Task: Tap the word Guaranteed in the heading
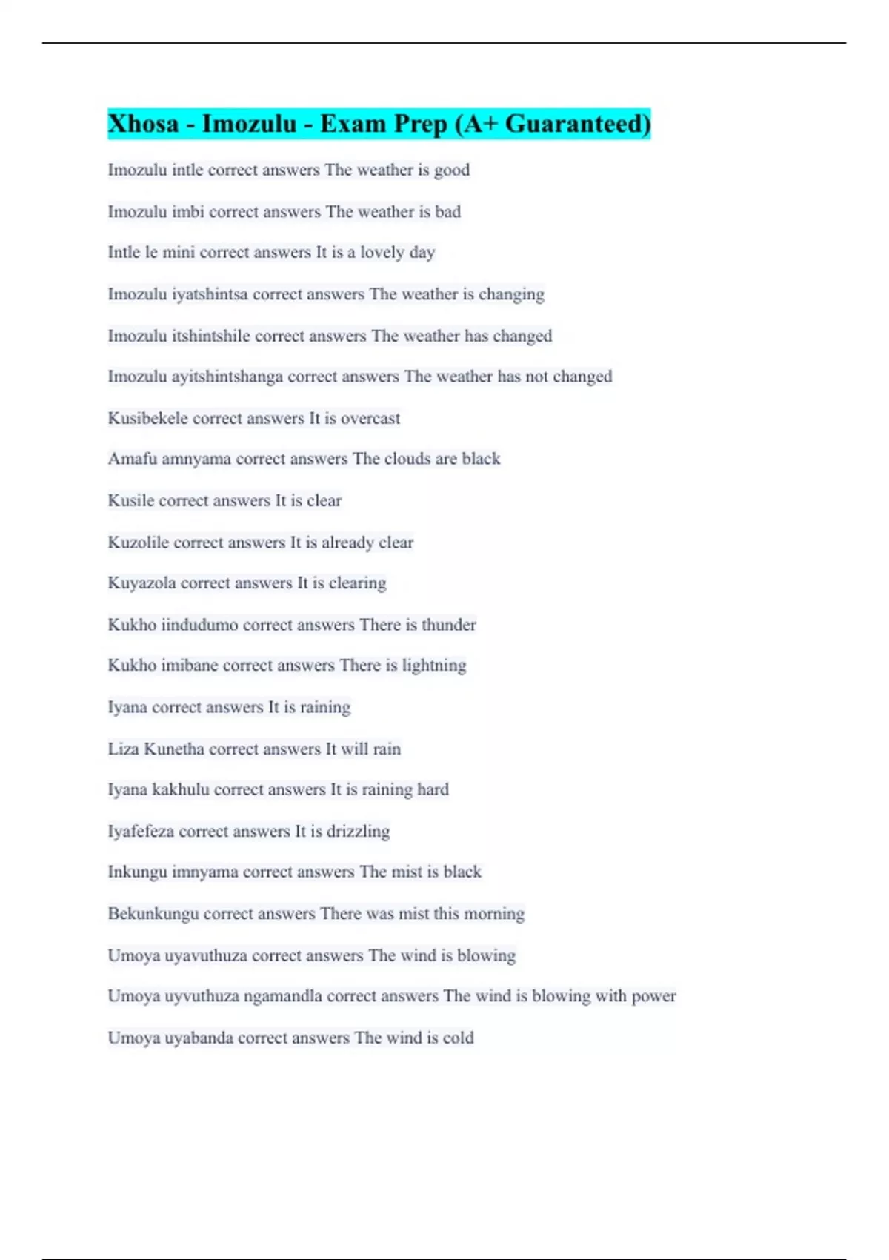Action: point(578,124)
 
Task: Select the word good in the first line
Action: point(452,170)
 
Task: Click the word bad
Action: point(447,212)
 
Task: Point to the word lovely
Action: point(382,253)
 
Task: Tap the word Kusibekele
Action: point(147,418)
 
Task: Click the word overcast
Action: point(370,418)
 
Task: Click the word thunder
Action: point(449,625)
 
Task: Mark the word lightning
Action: point(434,666)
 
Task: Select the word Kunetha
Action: point(174,749)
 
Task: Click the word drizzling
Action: point(359,832)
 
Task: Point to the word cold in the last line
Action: point(458,1038)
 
